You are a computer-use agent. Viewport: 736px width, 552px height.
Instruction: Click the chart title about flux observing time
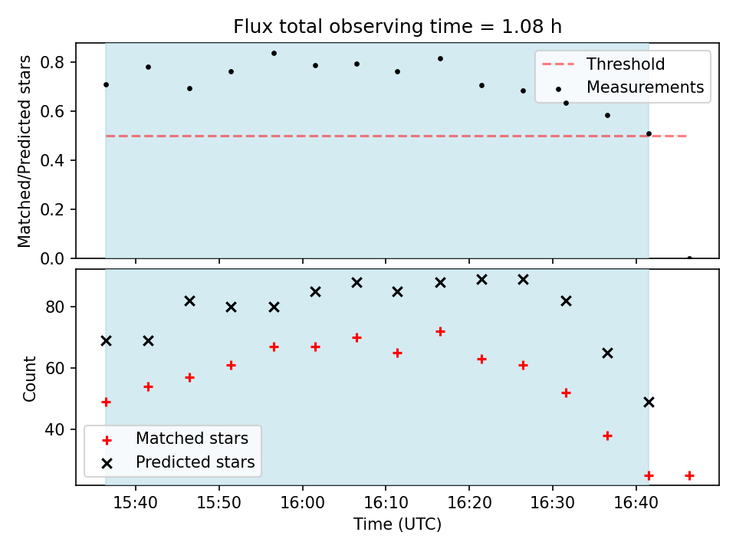coord(397,26)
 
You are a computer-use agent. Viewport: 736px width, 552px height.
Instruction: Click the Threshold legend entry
coord(603,64)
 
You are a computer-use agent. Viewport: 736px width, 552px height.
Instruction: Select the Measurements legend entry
coord(629,87)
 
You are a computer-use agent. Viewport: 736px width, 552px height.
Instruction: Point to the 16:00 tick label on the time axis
coord(302,503)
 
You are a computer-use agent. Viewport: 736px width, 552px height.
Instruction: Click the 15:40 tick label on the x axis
coord(136,503)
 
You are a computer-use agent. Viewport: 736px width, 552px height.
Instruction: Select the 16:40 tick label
coord(636,503)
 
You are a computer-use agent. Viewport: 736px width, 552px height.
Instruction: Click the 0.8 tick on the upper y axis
coord(52,62)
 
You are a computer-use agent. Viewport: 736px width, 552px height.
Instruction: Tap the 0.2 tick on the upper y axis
coord(52,209)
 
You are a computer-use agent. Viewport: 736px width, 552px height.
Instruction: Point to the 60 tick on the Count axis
coord(54,369)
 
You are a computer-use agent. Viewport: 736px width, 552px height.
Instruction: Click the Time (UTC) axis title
coord(397,524)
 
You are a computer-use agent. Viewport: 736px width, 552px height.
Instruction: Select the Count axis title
coord(29,378)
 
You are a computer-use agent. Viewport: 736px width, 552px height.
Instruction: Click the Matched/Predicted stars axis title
coord(24,151)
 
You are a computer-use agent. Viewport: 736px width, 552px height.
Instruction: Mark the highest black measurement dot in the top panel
coord(274,54)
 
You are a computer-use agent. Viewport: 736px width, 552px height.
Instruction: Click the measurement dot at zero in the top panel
coord(689,258)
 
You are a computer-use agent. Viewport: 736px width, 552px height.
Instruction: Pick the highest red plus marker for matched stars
coord(440,332)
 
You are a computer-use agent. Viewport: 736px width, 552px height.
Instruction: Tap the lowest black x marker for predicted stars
coord(649,402)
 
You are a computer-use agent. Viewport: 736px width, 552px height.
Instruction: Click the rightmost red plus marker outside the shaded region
coord(689,476)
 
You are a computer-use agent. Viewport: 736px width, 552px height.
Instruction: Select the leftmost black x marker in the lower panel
coord(106,340)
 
